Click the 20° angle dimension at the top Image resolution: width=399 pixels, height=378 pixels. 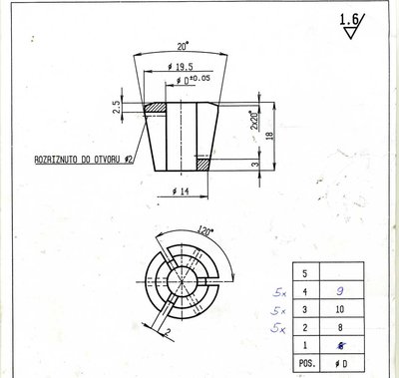pyautogui.click(x=182, y=46)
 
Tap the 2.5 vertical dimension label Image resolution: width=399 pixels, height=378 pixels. pyautogui.click(x=117, y=107)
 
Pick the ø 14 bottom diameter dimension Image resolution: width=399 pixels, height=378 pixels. pyautogui.click(x=182, y=190)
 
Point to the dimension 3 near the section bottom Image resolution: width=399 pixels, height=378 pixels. pyautogui.click(x=254, y=164)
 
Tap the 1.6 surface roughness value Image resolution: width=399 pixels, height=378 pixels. pyautogui.click(x=349, y=19)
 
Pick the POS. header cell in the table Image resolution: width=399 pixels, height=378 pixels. pyautogui.click(x=304, y=362)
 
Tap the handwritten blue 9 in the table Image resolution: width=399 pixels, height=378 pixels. pyautogui.click(x=341, y=290)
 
